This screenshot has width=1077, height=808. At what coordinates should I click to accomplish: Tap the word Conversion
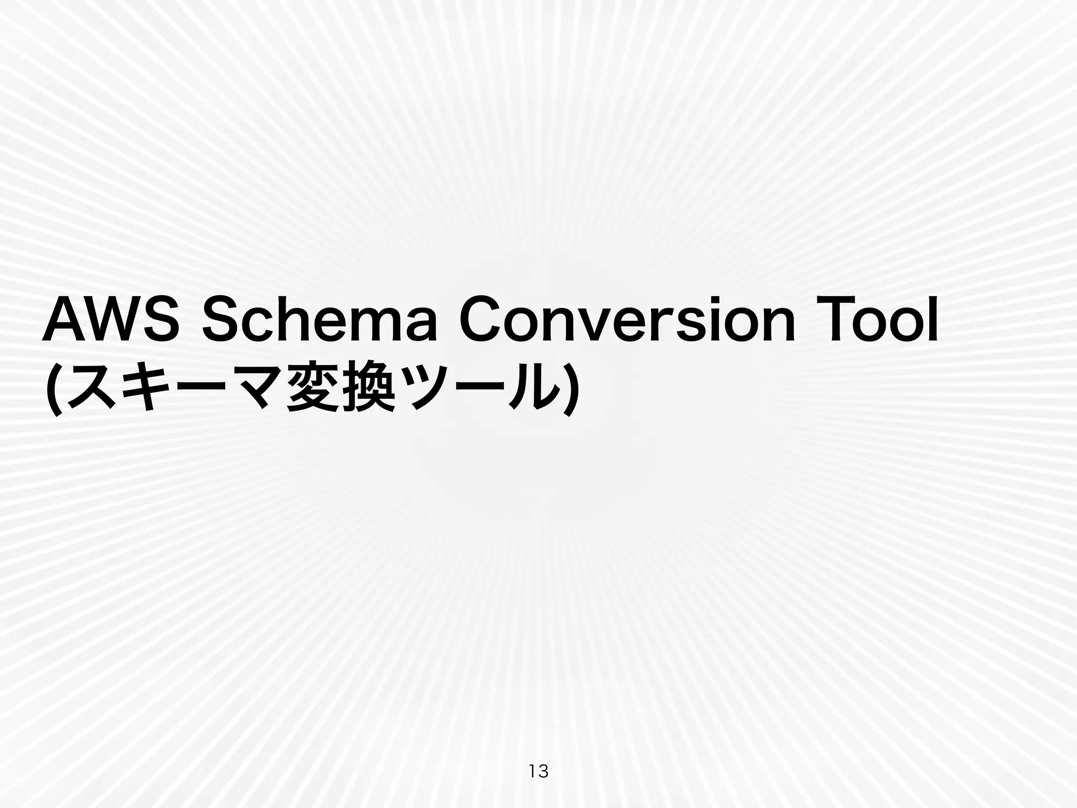627,319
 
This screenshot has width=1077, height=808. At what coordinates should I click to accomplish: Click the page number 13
538,772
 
